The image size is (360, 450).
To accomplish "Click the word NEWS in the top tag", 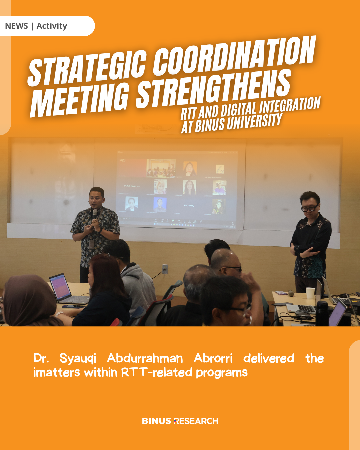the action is point(16,26).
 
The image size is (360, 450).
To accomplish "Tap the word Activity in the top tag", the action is point(52,26).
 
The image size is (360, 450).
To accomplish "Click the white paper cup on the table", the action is point(310,293).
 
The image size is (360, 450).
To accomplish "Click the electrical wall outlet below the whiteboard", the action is point(165,269).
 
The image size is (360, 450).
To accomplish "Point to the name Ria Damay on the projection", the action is point(189,206).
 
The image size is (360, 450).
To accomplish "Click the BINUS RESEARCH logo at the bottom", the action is point(180,421).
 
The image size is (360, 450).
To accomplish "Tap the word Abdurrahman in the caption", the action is point(145,358).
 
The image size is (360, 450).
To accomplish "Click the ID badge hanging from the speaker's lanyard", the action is point(91,244).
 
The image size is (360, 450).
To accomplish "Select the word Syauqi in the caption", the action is point(78,359).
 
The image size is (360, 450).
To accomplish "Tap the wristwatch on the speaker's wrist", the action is point(101,230).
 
